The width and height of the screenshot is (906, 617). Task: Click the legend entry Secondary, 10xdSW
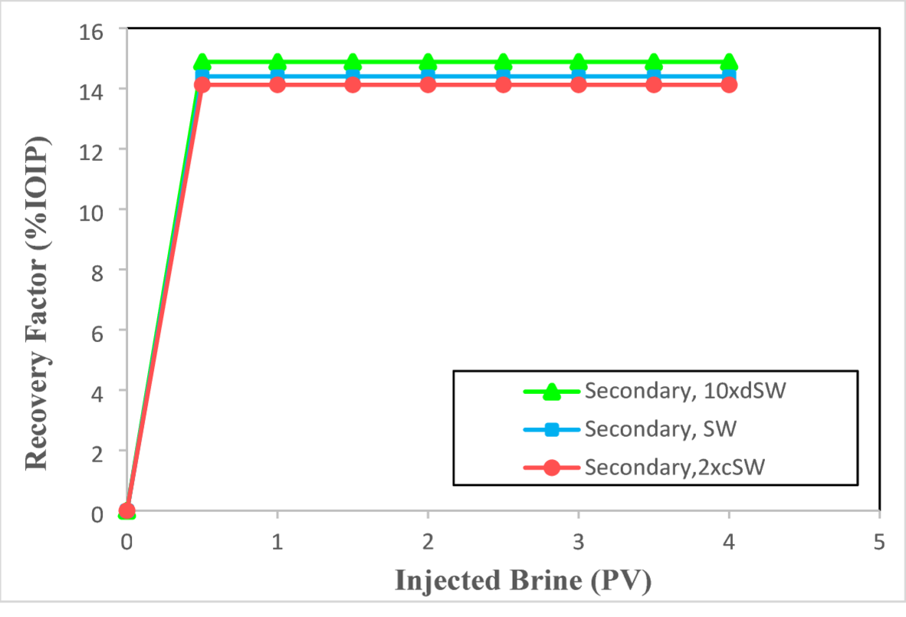[685, 391]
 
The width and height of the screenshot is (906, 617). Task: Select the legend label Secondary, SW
[660, 428]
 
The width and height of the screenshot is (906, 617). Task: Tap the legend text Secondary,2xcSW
[674, 466]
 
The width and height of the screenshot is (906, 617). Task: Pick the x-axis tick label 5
[879, 542]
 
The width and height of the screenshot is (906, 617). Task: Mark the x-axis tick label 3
[578, 542]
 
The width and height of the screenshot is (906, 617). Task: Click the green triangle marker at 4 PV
[729, 61]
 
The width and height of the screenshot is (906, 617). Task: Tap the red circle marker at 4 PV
[729, 84]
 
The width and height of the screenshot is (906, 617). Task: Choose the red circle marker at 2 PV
[428, 84]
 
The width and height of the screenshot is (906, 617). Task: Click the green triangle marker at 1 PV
[277, 61]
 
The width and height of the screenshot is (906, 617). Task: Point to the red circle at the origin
[127, 510]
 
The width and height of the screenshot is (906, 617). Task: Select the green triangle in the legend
[551, 391]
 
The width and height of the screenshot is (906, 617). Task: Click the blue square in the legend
[551, 429]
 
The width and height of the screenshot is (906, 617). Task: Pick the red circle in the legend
[551, 467]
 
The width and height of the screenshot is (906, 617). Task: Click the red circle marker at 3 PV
[578, 84]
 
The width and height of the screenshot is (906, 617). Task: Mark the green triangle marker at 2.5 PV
[503, 61]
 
